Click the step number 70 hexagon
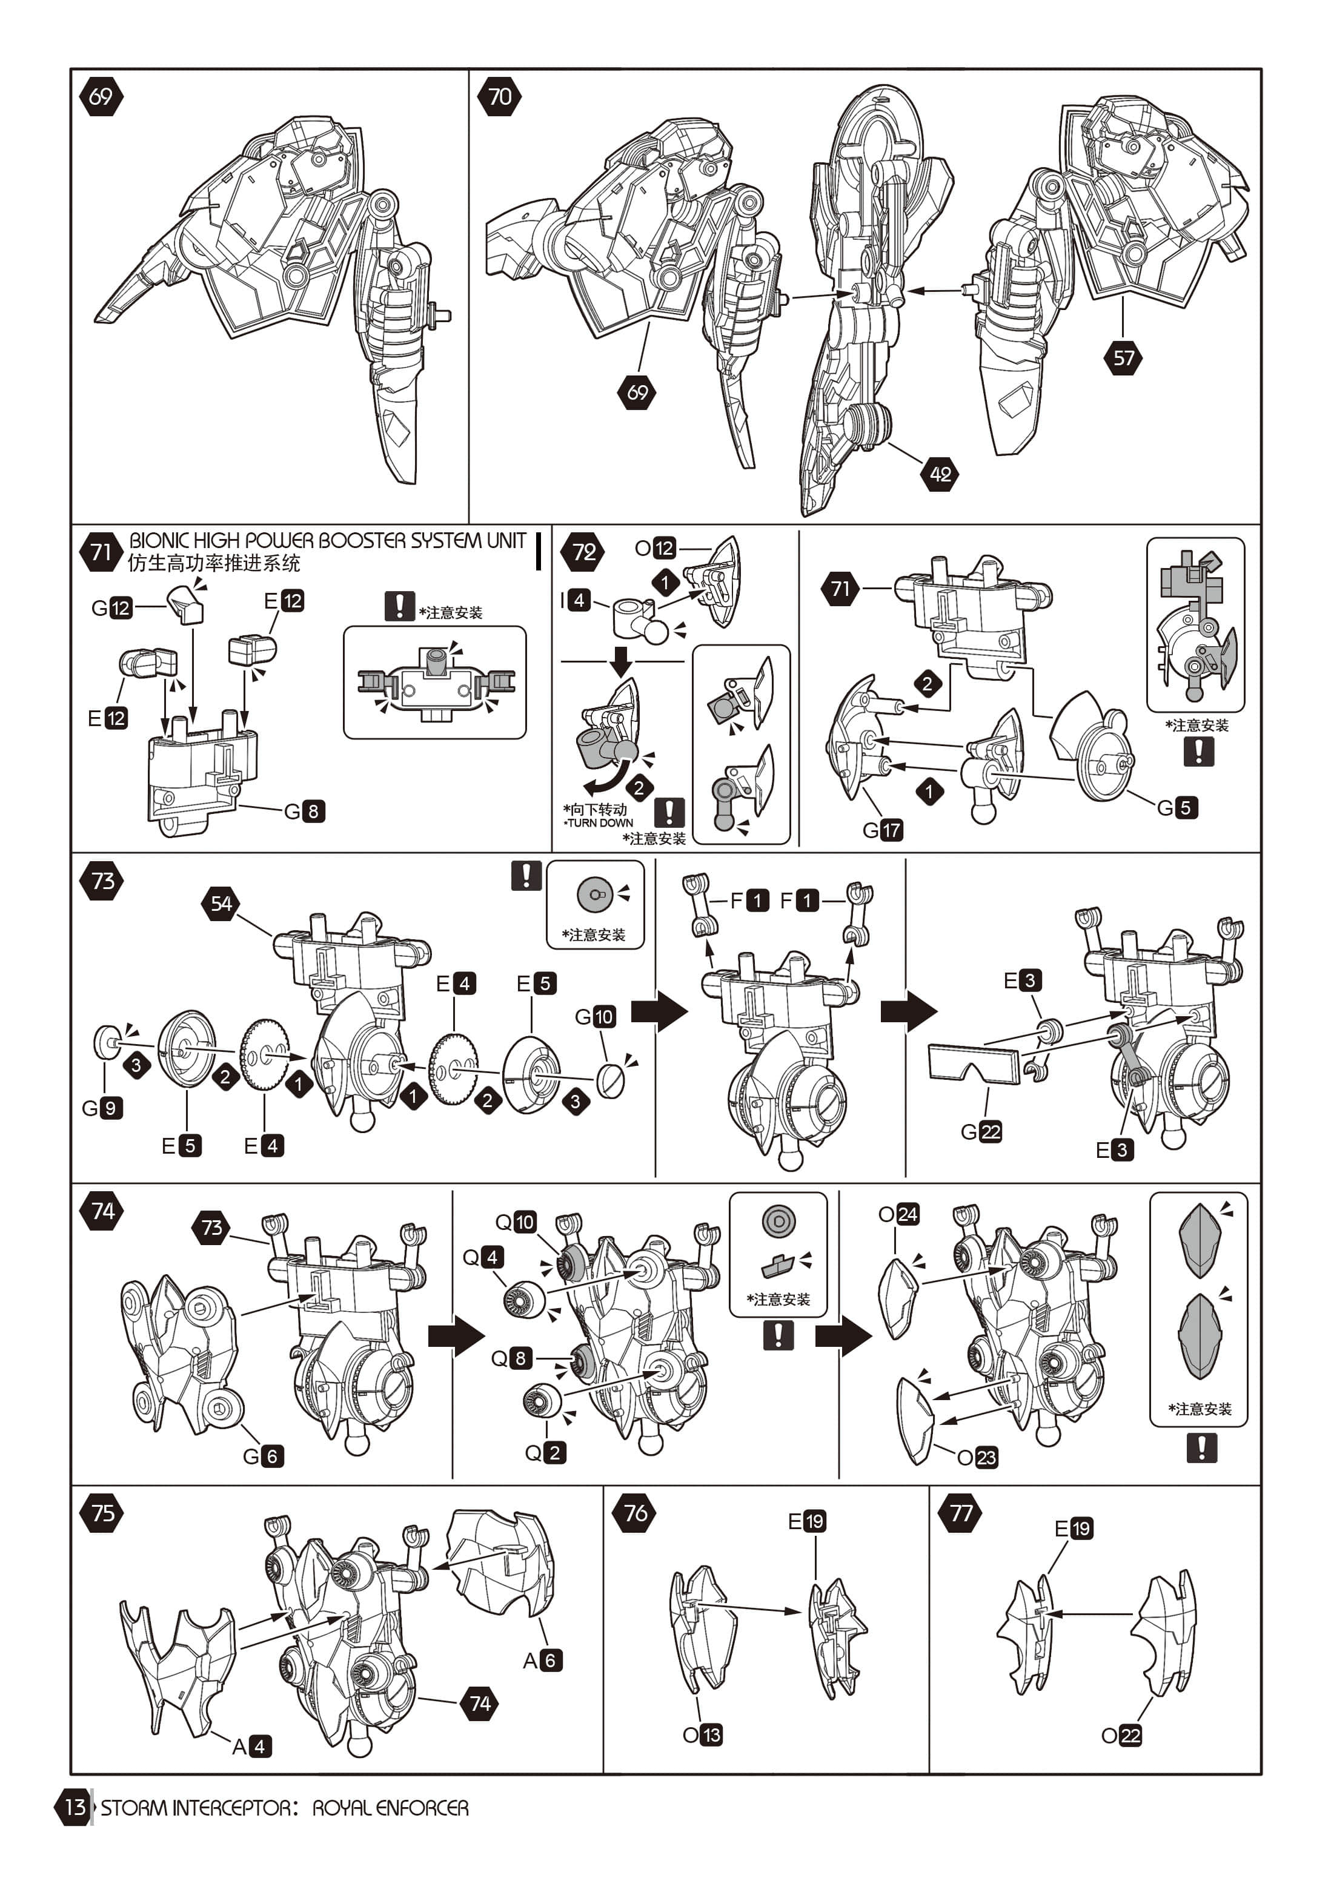tap(499, 97)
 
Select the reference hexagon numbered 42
tap(940, 474)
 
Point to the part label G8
tap(304, 811)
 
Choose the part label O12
tap(656, 548)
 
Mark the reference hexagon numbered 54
tap(221, 903)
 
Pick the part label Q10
tap(516, 1222)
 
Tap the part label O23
tap(978, 1456)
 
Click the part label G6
tap(263, 1456)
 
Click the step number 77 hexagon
tap(961, 1512)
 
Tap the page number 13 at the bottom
tap(75, 1807)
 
